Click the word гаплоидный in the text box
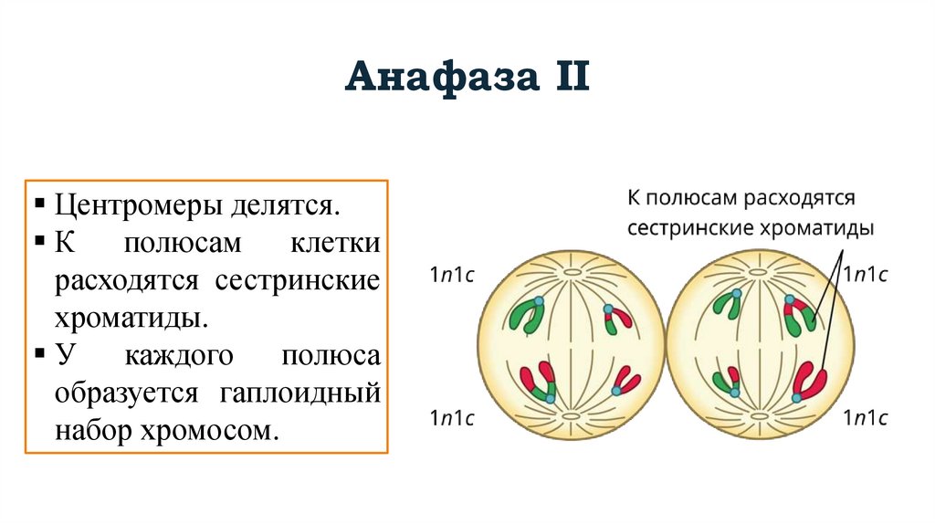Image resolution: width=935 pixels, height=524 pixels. [299, 393]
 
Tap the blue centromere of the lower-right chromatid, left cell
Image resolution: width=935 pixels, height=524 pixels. [616, 391]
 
